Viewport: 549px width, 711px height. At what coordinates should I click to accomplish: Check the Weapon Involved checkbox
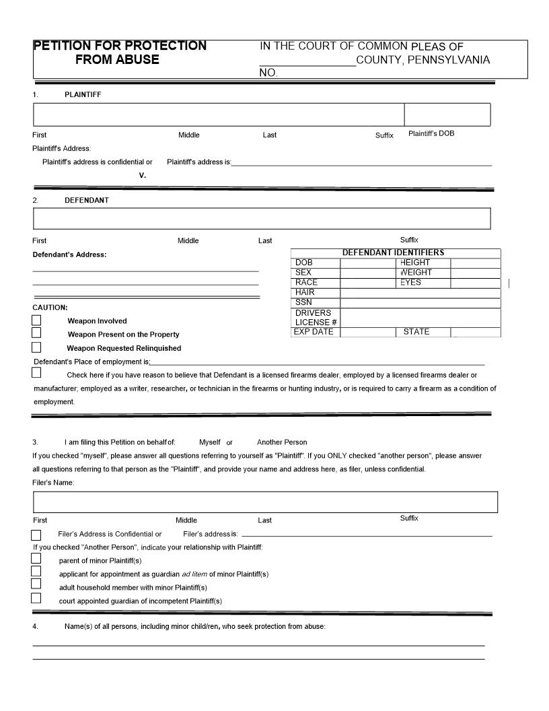pyautogui.click(x=36, y=320)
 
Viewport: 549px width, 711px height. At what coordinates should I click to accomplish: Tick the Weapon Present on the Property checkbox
pyautogui.click(x=36, y=333)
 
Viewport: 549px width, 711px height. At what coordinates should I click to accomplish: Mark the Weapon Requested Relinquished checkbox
pyautogui.click(x=36, y=347)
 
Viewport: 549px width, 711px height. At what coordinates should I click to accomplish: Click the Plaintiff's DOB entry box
pyautogui.click(x=447, y=114)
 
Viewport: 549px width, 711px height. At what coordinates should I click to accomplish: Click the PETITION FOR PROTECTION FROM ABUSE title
pyautogui.click(x=120, y=53)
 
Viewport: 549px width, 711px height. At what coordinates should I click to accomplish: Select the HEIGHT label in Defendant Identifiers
pyautogui.click(x=414, y=263)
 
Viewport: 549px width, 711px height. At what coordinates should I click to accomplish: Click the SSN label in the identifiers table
pyautogui.click(x=303, y=302)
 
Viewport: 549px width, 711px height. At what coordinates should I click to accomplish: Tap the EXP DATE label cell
pyautogui.click(x=314, y=332)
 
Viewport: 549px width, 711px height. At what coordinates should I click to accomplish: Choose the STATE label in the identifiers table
pyautogui.click(x=416, y=332)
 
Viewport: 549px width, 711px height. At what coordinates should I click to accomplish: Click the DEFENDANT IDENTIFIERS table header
pyautogui.click(x=393, y=252)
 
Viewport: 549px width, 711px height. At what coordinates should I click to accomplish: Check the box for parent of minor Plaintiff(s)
pyautogui.click(x=36, y=559)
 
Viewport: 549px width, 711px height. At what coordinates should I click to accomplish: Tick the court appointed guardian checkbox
pyautogui.click(x=36, y=599)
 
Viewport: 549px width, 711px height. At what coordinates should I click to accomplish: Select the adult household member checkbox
pyautogui.click(x=36, y=584)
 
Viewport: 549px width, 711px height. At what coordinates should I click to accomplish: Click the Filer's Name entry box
pyautogui.click(x=265, y=502)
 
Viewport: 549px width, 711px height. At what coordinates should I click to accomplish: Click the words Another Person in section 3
pyautogui.click(x=282, y=442)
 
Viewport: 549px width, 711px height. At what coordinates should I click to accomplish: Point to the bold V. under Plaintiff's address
pyautogui.click(x=143, y=175)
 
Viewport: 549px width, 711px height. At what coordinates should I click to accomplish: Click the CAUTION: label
pyautogui.click(x=50, y=308)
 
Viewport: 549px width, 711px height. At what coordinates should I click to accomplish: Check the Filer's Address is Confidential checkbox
pyautogui.click(x=36, y=535)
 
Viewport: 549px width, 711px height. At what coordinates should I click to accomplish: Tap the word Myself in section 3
pyautogui.click(x=210, y=442)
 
